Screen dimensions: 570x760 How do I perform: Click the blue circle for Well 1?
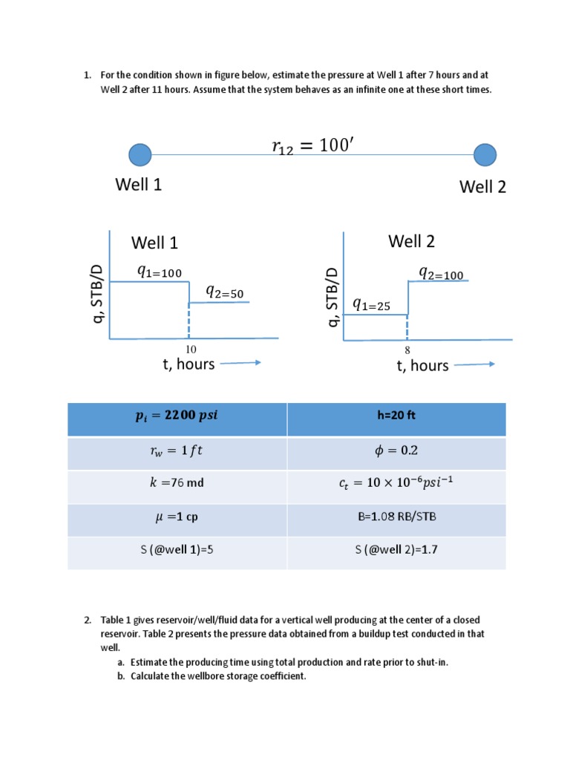140,155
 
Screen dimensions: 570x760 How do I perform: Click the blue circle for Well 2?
485,155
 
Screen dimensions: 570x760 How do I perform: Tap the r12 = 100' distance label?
313,145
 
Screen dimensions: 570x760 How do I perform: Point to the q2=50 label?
225,292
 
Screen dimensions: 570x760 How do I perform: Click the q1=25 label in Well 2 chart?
371,305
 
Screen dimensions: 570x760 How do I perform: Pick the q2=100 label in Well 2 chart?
441,274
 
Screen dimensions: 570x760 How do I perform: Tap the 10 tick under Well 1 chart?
191,350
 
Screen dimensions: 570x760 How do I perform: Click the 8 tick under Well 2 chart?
407,350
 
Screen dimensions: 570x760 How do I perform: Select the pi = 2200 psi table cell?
177,419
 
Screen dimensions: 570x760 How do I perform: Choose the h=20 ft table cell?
396,419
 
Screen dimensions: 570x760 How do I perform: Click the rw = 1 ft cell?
177,453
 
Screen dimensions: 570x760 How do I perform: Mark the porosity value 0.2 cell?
396,453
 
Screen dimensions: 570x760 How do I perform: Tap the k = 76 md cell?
177,487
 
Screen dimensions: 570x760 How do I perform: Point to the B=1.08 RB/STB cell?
396,520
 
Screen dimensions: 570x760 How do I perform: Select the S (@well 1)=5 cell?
177,553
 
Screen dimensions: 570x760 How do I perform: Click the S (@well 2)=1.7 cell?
396,553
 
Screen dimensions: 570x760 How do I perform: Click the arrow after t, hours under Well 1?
240,362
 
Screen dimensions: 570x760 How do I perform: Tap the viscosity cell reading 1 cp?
177,520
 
